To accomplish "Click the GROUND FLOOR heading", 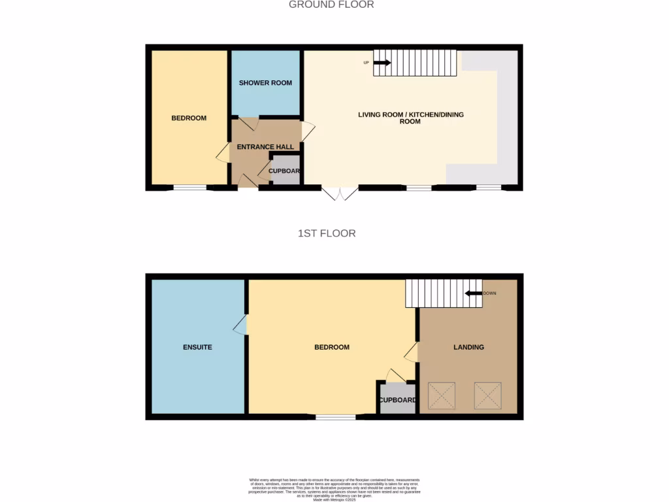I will [x=331, y=5].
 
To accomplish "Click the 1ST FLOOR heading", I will [x=327, y=233].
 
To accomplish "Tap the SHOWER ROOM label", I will [x=265, y=83].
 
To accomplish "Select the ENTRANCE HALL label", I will [x=265, y=147].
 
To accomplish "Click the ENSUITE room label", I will [x=197, y=347].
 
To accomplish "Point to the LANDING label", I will [x=468, y=347].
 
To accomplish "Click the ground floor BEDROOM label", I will [x=189, y=118].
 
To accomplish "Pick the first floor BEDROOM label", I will [x=332, y=347].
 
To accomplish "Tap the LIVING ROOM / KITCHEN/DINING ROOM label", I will [x=411, y=118].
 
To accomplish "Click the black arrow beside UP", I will [x=382, y=63].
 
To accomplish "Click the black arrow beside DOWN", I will [x=473, y=293].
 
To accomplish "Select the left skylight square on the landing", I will [x=441, y=395].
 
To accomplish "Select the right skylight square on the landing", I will [x=487, y=395].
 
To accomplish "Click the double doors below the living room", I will [x=340, y=193].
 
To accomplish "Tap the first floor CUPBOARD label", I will [x=398, y=400].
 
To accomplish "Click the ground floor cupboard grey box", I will [x=286, y=171].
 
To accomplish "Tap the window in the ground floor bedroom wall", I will [x=189, y=188].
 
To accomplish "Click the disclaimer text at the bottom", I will [x=334, y=490].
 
